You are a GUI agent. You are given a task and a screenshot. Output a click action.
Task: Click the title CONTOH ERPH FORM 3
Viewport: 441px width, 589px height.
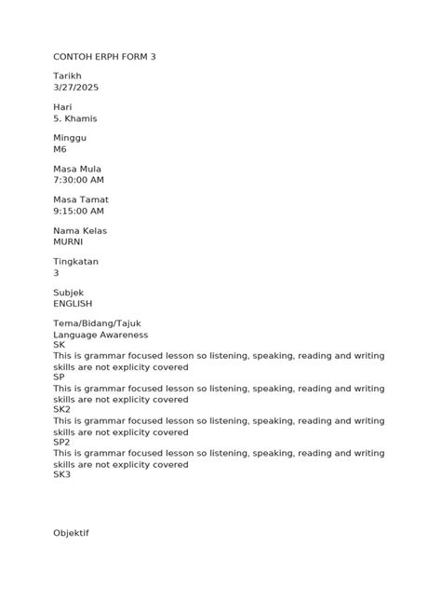(104, 57)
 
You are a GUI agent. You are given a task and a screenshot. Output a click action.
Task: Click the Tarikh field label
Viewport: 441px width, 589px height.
(68, 75)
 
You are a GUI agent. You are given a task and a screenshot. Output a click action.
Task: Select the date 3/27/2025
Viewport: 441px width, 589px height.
(76, 87)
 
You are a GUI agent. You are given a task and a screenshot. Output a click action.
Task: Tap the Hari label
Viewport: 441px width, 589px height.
(62, 107)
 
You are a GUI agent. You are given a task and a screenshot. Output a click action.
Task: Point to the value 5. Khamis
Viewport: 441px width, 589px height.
(75, 118)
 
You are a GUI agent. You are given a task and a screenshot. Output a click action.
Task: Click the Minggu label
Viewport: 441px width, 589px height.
(70, 138)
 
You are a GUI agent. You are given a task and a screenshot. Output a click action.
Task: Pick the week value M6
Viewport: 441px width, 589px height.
(60, 149)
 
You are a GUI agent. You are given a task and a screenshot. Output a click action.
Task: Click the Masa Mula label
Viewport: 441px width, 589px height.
(77, 169)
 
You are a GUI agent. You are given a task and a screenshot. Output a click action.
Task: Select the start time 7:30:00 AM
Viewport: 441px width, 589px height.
(78, 180)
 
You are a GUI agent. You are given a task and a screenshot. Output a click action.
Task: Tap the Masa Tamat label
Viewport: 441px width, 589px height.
(81, 199)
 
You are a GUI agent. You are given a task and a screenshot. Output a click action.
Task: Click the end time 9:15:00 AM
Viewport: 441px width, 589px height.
(78, 211)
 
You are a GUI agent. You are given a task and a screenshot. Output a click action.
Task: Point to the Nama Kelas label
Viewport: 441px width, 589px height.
(80, 230)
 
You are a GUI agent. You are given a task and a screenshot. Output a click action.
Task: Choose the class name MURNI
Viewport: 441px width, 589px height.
(68, 241)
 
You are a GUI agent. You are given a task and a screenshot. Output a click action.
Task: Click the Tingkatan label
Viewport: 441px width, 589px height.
(75, 262)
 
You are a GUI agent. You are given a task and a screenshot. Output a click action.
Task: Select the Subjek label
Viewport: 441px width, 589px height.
(69, 293)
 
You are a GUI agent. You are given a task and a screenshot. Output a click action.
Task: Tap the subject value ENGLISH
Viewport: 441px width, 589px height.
(73, 303)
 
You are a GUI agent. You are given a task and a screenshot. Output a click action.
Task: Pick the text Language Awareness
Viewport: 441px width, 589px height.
(100, 335)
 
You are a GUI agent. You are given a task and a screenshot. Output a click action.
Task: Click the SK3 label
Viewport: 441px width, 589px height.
(61, 474)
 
